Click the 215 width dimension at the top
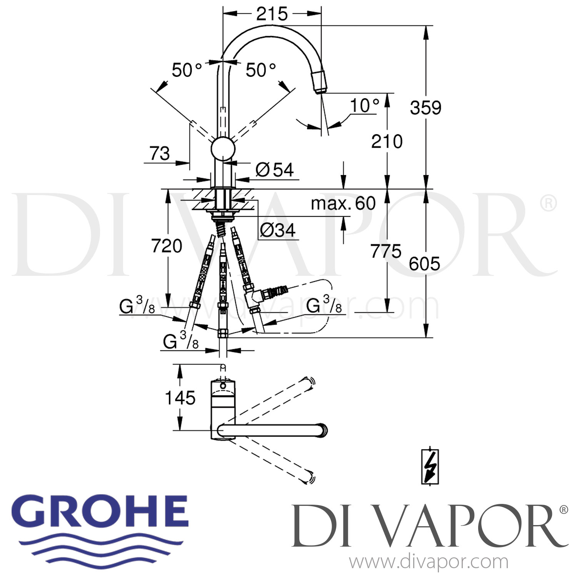click(272, 14)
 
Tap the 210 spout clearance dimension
click(387, 141)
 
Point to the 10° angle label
click(365, 105)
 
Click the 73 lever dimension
click(160, 153)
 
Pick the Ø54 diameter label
click(274, 170)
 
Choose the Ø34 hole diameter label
click(277, 230)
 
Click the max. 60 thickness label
click(343, 203)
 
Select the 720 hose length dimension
click(167, 246)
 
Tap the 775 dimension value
click(386, 252)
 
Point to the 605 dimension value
click(424, 264)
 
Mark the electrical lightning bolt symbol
click(430, 466)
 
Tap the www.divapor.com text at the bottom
click(429, 562)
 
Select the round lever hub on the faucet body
click(223, 148)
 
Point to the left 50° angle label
click(187, 70)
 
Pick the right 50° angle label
click(261, 70)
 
